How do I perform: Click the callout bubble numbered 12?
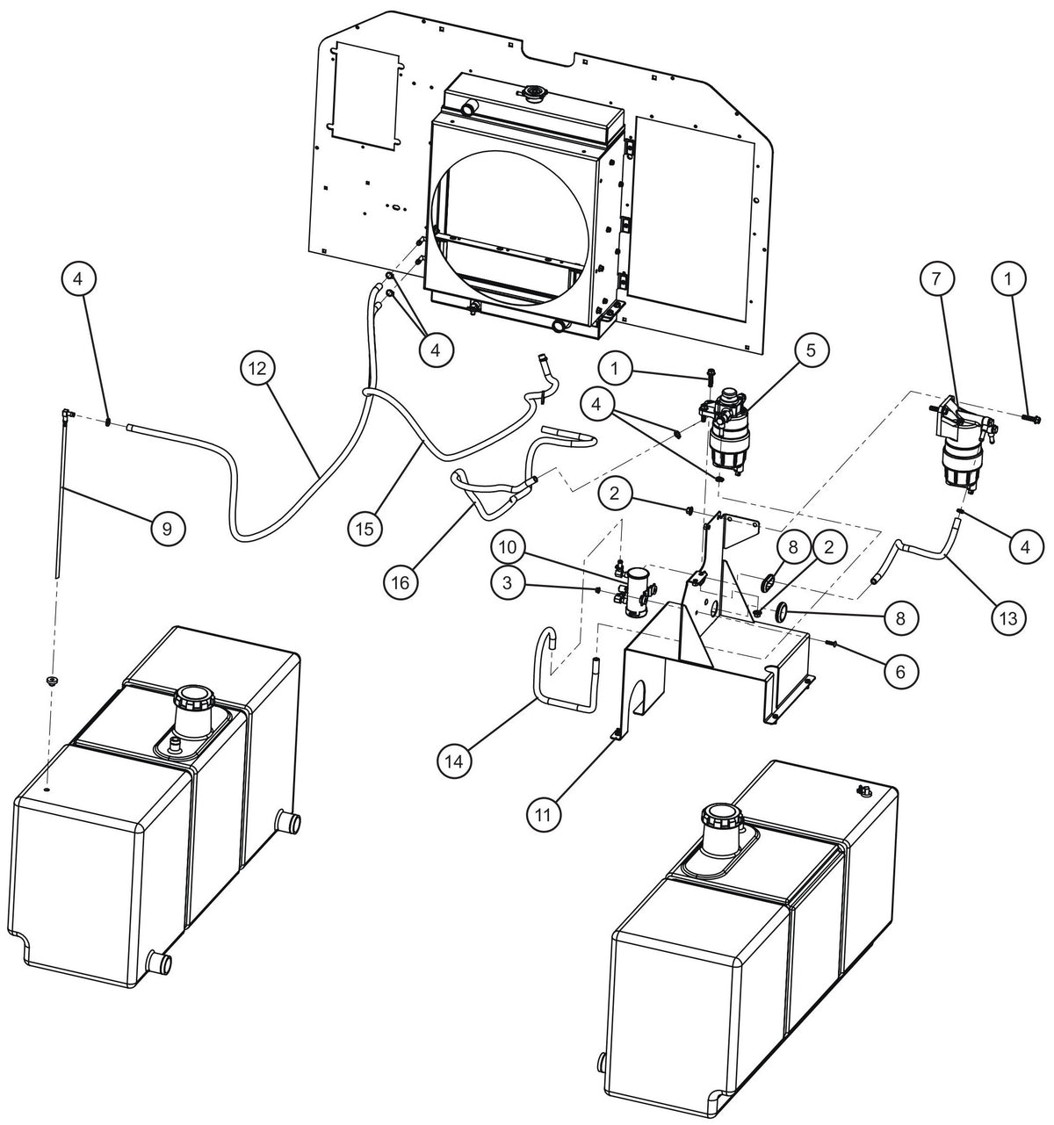pyautogui.click(x=256, y=368)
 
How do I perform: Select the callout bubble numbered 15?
pyautogui.click(x=365, y=529)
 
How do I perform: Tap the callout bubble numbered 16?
pyautogui.click(x=400, y=581)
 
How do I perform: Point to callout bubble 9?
pyautogui.click(x=167, y=529)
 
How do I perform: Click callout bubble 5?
pyautogui.click(x=811, y=350)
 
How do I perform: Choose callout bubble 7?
pyautogui.click(x=935, y=278)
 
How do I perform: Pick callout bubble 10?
pyautogui.click(x=508, y=546)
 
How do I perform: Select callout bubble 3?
pyautogui.click(x=508, y=582)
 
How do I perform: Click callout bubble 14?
pyautogui.click(x=454, y=761)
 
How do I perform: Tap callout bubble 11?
pyautogui.click(x=543, y=815)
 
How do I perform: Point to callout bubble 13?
pyautogui.click(x=1009, y=618)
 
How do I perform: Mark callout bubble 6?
pyautogui.click(x=900, y=672)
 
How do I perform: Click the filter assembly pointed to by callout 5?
pyautogui.click(x=725, y=433)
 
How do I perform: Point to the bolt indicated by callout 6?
pyautogui.click(x=833, y=642)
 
